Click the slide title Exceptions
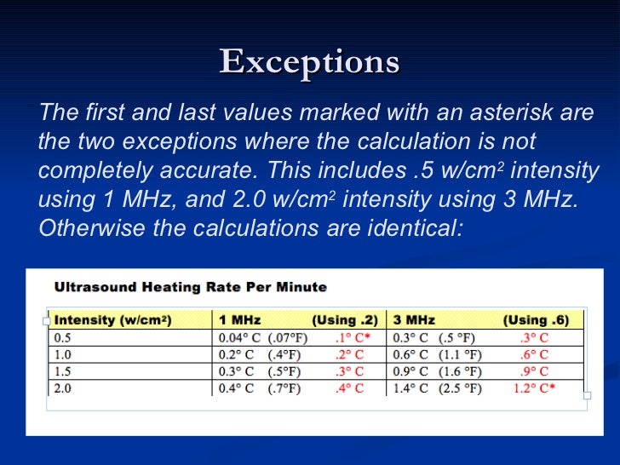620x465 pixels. click(309, 62)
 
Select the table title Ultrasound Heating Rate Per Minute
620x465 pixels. click(191, 287)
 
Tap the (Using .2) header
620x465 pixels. click(345, 320)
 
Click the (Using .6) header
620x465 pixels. click(536, 320)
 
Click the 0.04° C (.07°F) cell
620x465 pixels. click(263, 337)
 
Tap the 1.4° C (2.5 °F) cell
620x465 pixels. click(437, 388)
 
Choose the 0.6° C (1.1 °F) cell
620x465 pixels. click(437, 354)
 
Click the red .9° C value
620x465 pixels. click(534, 371)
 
